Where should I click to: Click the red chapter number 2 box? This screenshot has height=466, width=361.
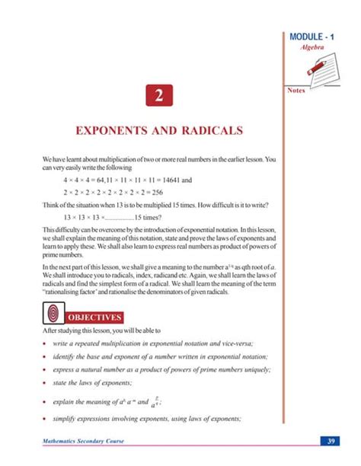[158, 97]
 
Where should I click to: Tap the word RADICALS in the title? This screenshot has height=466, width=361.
[209, 131]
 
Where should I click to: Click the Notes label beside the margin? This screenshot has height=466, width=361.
[298, 90]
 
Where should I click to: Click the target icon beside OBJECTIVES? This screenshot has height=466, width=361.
[53, 313]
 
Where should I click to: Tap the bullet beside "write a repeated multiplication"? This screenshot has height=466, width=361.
[46, 343]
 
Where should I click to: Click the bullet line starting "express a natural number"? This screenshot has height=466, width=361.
[160, 369]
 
